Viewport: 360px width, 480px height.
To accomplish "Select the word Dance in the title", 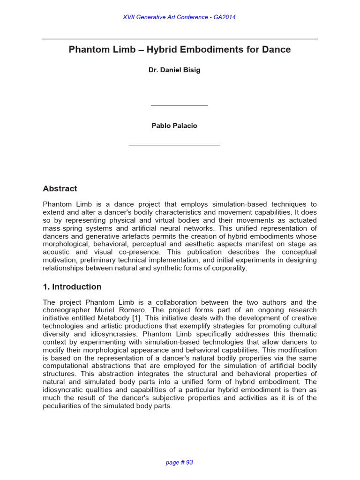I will coord(277,50).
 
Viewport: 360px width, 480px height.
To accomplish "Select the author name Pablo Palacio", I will coord(174,126).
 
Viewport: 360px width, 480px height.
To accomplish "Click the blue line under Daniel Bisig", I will coord(179,105).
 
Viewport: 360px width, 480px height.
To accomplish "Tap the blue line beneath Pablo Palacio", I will coord(174,145).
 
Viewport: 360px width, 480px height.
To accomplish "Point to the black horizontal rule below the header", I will coord(180,39).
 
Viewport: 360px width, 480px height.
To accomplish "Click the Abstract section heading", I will coord(60,189).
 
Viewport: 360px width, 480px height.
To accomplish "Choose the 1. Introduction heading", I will coord(72,287).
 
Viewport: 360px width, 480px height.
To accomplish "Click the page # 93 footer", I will coord(180,462).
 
